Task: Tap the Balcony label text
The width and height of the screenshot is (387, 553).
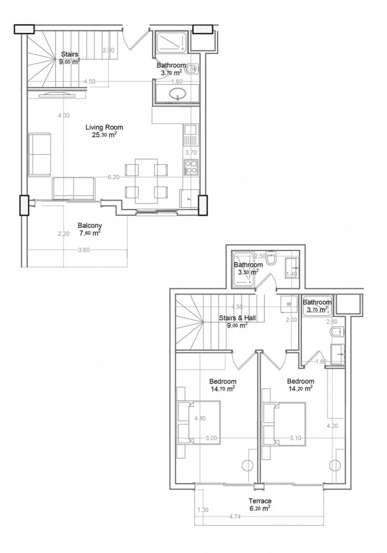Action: [89, 225]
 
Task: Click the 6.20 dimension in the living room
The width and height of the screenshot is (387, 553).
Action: [114, 177]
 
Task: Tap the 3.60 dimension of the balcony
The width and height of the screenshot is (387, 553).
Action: [83, 250]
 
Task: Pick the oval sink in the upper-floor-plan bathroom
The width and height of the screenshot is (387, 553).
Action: [176, 95]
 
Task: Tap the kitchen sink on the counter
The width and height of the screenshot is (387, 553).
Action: [190, 131]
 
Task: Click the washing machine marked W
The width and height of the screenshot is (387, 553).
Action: [288, 304]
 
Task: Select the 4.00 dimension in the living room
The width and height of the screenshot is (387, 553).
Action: [64, 116]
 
